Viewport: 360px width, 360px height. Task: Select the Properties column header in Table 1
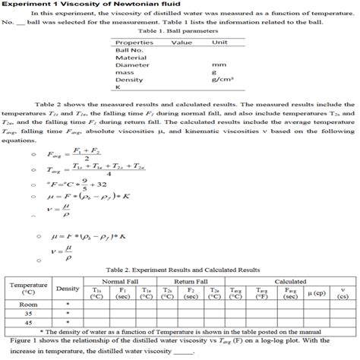(134, 43)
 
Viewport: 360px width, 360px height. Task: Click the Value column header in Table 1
(182, 43)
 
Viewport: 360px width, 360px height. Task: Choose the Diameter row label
(131, 65)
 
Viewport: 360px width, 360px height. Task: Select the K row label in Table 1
(118, 87)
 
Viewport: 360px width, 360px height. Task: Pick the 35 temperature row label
(28, 311)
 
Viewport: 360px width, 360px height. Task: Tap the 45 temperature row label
(28, 321)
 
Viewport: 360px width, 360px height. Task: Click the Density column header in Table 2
(67, 289)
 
